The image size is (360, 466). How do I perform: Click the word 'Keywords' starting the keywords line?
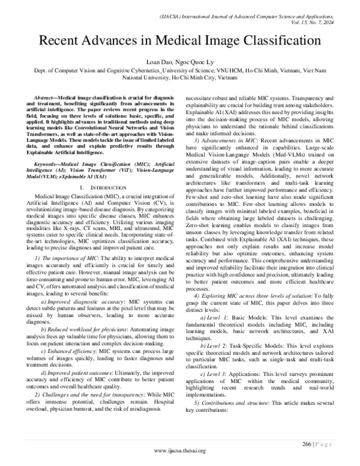click(52, 145)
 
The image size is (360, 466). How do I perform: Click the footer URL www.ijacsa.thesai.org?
click(180, 450)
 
